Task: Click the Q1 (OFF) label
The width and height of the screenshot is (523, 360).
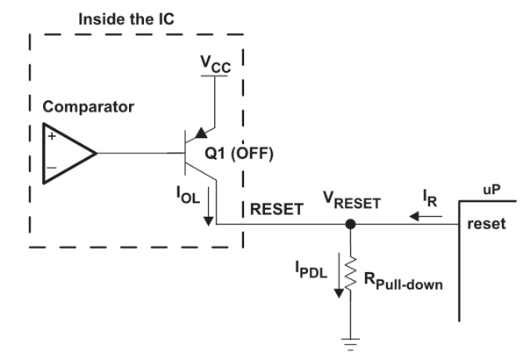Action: (x=240, y=154)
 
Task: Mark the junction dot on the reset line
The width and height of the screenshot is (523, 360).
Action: (x=350, y=225)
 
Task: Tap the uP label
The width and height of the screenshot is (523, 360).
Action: (x=493, y=191)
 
